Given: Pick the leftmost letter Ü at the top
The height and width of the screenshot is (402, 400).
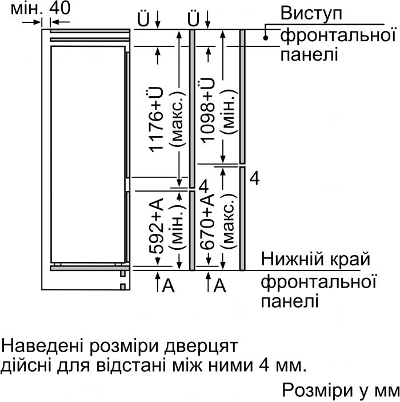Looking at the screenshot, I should (144, 21).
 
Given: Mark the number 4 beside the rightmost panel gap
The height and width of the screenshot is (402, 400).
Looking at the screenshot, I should (255, 178).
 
